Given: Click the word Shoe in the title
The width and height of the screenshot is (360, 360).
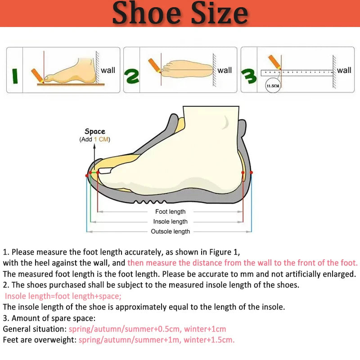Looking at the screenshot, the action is [x=147, y=13].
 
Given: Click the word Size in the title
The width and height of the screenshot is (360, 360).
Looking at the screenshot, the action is [x=220, y=13].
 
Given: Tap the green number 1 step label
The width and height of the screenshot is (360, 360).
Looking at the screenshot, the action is [x=15, y=76].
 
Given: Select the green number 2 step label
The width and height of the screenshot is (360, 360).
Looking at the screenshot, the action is [x=131, y=76].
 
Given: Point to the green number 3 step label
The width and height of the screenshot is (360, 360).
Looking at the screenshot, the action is [x=249, y=76].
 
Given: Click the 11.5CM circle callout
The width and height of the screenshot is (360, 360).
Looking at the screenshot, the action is [x=273, y=86].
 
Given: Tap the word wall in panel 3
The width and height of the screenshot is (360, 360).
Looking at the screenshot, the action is [x=344, y=70].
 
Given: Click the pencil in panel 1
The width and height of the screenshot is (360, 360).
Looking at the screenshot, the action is [x=37, y=76].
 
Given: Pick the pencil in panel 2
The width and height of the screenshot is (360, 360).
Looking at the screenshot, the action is [x=154, y=65].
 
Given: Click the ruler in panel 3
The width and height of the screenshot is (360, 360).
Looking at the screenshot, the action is [x=297, y=73].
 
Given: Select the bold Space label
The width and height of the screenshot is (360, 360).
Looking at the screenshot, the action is [x=95, y=131].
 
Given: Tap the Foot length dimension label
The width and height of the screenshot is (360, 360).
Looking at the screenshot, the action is [x=171, y=211].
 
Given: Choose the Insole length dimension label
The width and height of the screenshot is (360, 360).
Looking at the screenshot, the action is [x=171, y=221].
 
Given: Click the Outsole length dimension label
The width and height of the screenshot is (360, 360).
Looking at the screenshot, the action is [x=171, y=231].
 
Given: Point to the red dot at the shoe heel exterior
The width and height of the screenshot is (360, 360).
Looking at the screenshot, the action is [x=251, y=172].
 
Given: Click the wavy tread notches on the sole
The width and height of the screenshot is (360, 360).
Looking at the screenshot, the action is [x=150, y=202].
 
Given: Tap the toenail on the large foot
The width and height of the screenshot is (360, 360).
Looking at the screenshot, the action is [x=105, y=171].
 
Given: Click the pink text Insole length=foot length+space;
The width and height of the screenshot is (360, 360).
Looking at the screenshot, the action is [x=63, y=296].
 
